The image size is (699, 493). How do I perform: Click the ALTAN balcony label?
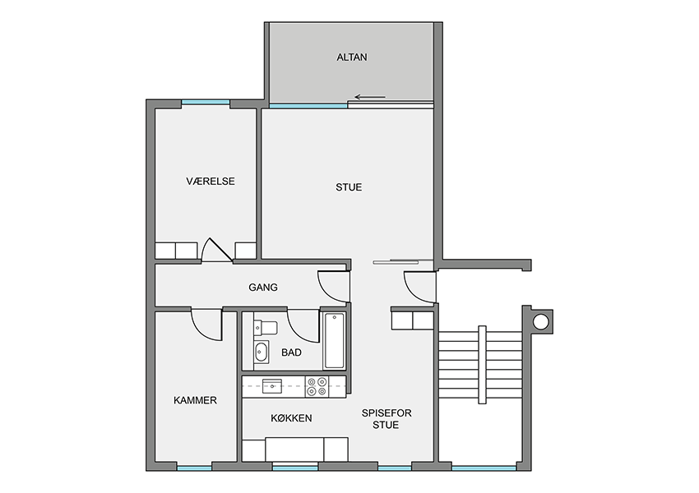(x=352, y=57)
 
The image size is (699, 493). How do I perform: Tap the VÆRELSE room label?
(x=211, y=182)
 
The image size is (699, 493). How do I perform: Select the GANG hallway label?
(x=263, y=288)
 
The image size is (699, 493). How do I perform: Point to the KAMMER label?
(x=195, y=400)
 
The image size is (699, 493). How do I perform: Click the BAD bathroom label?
(x=292, y=352)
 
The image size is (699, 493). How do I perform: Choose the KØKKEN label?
(x=292, y=418)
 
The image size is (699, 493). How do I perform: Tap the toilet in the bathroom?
(x=266, y=328)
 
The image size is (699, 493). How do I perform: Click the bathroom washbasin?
(x=262, y=352)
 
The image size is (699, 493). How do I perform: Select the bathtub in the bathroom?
(x=335, y=341)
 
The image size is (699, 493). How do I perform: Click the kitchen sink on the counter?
(x=272, y=386)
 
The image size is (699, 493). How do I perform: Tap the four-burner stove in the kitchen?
(x=317, y=386)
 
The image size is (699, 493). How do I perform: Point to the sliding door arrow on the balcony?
(x=370, y=97)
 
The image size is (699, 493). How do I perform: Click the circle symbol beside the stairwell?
(x=541, y=321)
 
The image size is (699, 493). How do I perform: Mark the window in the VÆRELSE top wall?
(x=206, y=103)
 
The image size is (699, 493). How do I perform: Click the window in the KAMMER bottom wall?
(x=194, y=468)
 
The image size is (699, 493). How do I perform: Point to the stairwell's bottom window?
(x=484, y=468)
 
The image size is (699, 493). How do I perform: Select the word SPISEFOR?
(x=387, y=413)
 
